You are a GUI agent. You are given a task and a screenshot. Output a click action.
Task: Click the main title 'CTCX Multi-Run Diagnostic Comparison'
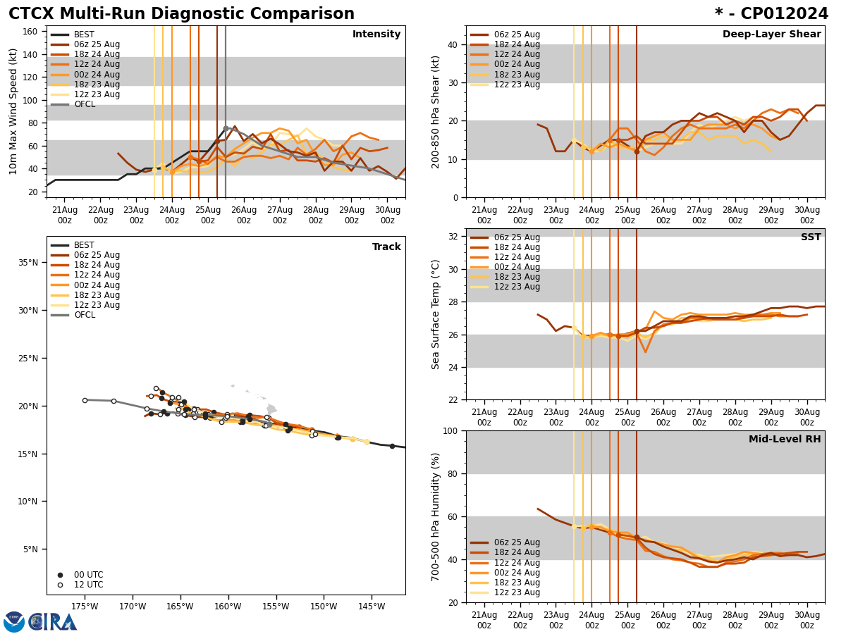(x=181, y=14)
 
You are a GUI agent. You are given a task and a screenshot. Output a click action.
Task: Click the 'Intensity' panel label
(x=376, y=35)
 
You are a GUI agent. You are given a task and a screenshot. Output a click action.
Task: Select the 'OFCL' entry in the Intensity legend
(x=84, y=104)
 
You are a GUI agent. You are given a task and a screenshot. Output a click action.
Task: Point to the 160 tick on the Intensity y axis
(x=31, y=32)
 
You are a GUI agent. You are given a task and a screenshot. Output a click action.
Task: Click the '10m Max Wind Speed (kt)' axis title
(x=13, y=111)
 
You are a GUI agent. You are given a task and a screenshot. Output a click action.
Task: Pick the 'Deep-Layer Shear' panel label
(x=771, y=35)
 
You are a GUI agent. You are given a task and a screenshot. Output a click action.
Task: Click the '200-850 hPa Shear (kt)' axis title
(x=435, y=111)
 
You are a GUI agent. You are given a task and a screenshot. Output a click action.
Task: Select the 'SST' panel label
(x=811, y=237)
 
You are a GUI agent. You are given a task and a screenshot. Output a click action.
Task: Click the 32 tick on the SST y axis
(x=454, y=237)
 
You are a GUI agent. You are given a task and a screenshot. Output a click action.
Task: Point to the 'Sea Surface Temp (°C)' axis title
(x=435, y=314)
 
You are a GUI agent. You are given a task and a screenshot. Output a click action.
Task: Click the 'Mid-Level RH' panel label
(x=785, y=440)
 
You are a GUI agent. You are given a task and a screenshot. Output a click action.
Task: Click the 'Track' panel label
(x=386, y=247)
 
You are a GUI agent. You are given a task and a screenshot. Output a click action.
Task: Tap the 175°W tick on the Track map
(x=85, y=606)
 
